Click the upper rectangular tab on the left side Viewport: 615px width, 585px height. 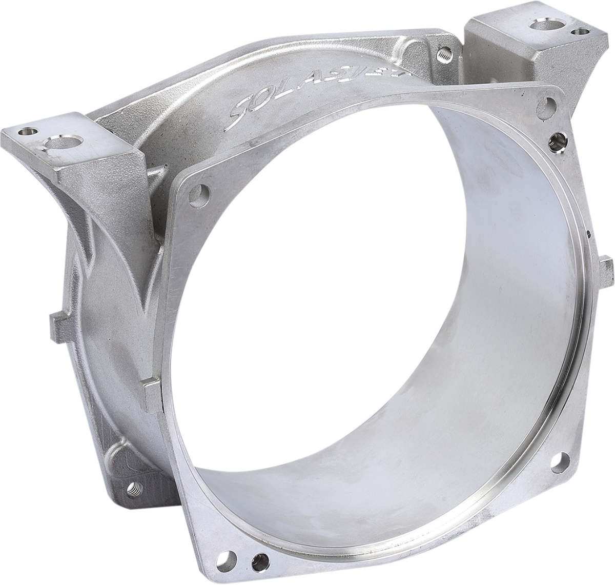point(61,323)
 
